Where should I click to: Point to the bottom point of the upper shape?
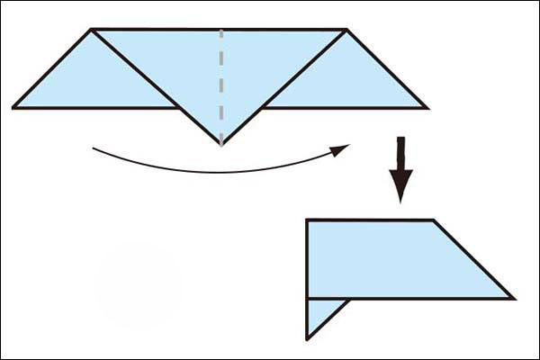(x=220, y=143)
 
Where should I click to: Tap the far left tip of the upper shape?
(x=14, y=108)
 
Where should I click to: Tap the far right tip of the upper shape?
(x=427, y=108)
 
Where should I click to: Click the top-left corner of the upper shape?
(x=92, y=30)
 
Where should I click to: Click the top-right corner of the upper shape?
(x=346, y=30)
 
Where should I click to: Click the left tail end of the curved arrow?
(x=94, y=148)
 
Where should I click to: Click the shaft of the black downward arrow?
(x=401, y=153)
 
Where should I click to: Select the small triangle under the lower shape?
(x=319, y=314)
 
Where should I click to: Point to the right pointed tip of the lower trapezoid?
(x=513, y=298)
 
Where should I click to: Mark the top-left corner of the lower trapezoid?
(x=307, y=220)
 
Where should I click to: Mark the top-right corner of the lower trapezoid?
(x=434, y=220)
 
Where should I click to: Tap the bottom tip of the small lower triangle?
(x=307, y=339)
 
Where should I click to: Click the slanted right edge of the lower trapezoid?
(x=473, y=259)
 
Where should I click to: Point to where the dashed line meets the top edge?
(x=220, y=30)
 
